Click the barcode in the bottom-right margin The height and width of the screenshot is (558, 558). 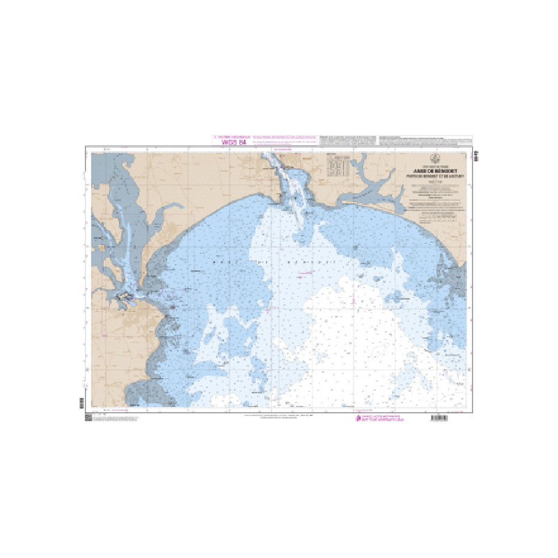(x=441, y=417)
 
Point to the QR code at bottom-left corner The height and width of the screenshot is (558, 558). (x=89, y=417)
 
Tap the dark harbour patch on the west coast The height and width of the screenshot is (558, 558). (x=126, y=298)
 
